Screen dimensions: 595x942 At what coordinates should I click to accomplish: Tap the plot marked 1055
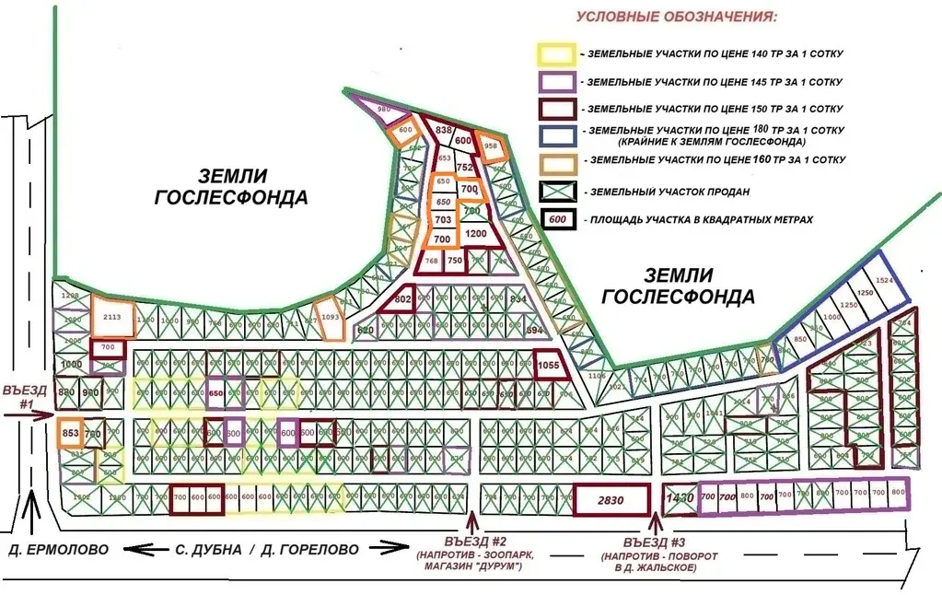(548, 365)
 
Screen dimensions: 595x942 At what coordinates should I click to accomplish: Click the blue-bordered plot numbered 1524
(885, 280)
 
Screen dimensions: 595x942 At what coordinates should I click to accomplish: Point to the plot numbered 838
(443, 131)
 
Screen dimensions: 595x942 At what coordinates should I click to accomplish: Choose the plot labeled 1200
(476, 234)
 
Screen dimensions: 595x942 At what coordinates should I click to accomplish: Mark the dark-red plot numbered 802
(401, 299)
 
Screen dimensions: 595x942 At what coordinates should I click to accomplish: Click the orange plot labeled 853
(70, 433)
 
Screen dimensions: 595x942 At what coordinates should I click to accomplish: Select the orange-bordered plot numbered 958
(492, 147)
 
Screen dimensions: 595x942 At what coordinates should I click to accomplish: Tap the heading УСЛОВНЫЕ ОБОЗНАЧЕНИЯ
(675, 17)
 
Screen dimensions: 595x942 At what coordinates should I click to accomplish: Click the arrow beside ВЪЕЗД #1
(28, 415)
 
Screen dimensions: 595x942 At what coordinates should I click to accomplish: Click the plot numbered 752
(464, 167)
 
